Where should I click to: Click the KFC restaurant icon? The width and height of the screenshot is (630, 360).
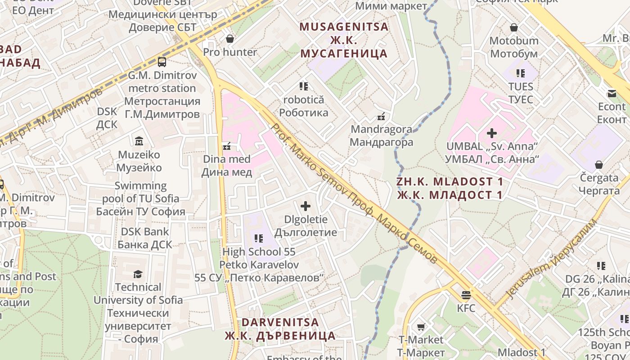point(466,295)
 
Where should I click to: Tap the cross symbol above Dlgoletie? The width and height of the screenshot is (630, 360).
point(306,207)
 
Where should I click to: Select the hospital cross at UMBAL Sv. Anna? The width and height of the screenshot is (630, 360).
point(492,133)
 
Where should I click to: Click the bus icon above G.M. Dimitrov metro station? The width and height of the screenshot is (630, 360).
point(162,62)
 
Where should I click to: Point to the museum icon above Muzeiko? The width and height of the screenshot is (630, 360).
point(139,141)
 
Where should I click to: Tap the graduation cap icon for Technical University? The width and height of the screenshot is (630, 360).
point(138,274)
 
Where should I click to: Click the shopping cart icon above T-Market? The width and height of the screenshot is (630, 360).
point(421,327)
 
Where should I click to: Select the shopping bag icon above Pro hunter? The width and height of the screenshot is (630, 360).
point(230,39)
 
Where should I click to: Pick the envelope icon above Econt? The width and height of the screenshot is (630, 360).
point(612,94)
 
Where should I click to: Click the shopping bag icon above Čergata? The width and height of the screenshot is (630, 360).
point(599,165)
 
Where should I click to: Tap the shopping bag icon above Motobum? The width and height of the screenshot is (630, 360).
point(514,28)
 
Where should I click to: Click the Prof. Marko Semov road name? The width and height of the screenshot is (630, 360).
point(353,193)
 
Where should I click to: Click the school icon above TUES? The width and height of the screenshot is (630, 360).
point(521,73)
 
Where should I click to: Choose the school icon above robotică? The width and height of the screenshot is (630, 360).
point(303,86)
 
